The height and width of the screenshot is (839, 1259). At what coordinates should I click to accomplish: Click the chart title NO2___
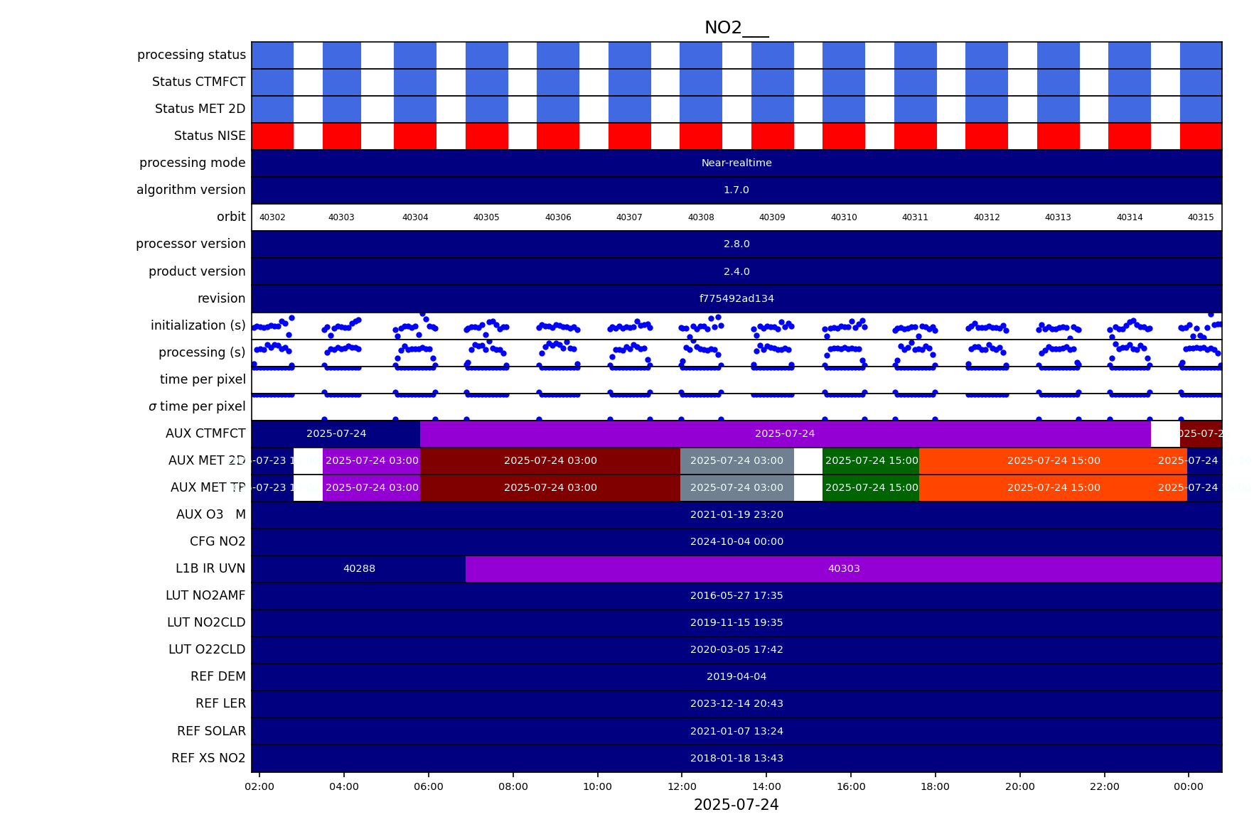736,28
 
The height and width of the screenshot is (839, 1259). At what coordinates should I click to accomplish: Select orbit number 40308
700,217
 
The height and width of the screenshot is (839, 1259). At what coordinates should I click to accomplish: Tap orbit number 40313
1057,217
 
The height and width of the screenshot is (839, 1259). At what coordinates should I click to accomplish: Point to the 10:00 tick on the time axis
597,786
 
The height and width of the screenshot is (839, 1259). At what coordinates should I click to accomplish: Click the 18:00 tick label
935,786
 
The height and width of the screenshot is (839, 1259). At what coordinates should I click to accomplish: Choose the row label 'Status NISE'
210,136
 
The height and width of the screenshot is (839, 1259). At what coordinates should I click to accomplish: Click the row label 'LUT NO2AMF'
205,595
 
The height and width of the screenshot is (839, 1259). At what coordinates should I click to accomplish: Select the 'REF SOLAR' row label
211,731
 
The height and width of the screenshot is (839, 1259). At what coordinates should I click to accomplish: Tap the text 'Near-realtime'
736,163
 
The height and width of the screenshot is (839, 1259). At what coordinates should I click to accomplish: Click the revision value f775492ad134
736,298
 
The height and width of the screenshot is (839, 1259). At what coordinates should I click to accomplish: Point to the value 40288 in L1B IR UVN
359,568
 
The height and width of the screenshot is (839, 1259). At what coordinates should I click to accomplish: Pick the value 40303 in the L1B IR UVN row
844,568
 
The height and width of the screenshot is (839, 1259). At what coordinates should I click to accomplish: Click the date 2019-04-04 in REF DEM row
736,676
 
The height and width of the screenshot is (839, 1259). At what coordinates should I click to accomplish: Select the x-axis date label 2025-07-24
736,805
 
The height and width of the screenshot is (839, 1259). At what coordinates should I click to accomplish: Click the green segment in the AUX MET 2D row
871,460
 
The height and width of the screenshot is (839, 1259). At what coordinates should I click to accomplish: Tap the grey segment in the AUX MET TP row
736,487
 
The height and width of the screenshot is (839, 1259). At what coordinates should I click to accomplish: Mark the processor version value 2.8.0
736,244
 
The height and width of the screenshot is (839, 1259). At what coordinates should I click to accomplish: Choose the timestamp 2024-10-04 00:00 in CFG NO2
736,541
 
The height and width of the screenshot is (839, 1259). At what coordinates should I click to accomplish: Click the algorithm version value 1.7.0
736,190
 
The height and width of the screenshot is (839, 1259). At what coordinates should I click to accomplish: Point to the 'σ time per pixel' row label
197,406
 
